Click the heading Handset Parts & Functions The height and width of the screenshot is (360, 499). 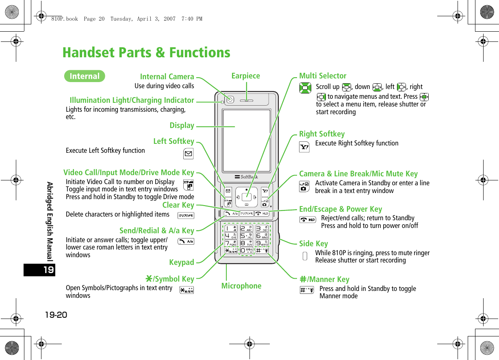146,52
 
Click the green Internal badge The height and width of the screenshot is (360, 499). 85,76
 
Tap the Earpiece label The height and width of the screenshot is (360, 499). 245,76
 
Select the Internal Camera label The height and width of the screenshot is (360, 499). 167,76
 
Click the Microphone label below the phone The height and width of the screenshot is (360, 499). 241,286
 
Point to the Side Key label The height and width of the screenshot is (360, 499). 313,243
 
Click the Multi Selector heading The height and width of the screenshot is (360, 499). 323,76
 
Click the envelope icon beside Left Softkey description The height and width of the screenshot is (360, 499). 188,154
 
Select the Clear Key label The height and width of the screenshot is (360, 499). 178,205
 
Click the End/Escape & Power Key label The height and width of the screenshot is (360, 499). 341,209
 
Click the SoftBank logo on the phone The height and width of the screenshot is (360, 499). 246,177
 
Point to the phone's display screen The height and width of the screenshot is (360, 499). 247,140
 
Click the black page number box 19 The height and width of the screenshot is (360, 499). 39,270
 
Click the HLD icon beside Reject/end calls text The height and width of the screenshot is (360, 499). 308,220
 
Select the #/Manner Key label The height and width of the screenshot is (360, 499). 324,279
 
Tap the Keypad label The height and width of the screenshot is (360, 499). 182,262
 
